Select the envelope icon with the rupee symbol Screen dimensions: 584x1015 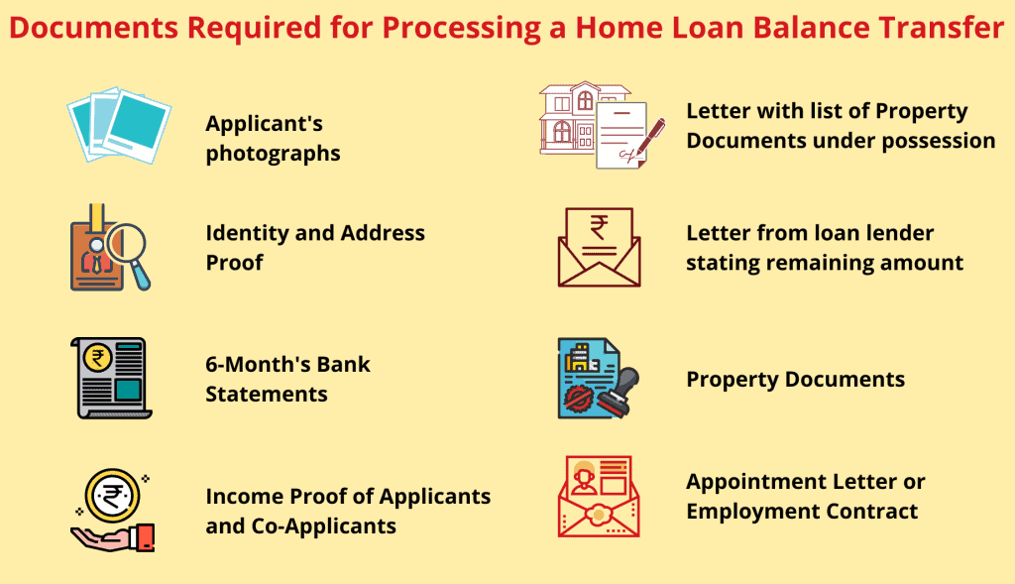coord(599,247)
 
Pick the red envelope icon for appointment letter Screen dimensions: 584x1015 coord(599,496)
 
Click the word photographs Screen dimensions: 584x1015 coord(273,154)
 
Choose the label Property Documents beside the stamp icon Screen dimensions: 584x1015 coord(795,379)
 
